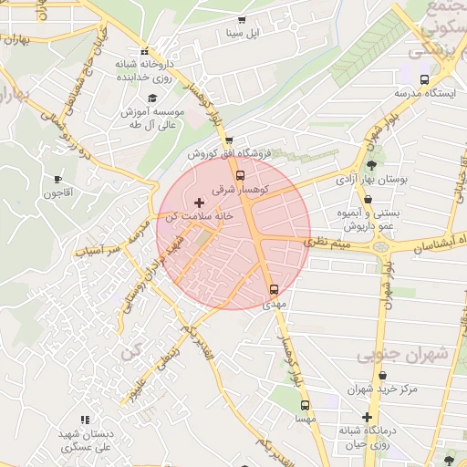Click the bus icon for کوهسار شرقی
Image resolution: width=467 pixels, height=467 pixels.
[241, 175]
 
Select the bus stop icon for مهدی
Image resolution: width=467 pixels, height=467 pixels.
[274, 289]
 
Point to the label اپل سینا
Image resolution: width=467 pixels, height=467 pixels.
[242, 34]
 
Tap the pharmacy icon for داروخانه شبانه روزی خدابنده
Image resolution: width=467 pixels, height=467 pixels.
[145, 51]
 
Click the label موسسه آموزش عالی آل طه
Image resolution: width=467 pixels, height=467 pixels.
[152, 118]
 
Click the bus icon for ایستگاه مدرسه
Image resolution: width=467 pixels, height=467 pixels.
[425, 78]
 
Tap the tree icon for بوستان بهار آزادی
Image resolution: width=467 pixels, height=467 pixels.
[371, 164]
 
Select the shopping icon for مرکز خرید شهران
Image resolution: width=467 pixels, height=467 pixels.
[382, 374]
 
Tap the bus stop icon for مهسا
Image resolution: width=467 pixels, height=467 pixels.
[305, 404]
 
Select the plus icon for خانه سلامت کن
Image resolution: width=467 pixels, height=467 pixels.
[199, 201]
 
